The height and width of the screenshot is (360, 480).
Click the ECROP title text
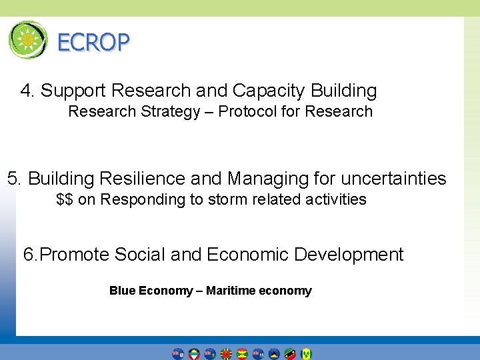pos(93,43)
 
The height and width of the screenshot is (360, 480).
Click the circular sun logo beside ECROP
pos(28,40)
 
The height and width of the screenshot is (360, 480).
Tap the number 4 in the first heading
pos(26,91)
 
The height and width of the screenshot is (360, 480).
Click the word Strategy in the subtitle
pos(169,111)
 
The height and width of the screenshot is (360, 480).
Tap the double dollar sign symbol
pos(65,199)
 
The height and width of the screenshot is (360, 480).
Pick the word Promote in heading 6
pos(75,255)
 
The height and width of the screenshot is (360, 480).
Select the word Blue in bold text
pos(122,291)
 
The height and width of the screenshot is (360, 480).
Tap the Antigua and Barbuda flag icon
pos(194,353)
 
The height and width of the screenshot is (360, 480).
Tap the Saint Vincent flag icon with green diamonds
pos(306,353)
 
